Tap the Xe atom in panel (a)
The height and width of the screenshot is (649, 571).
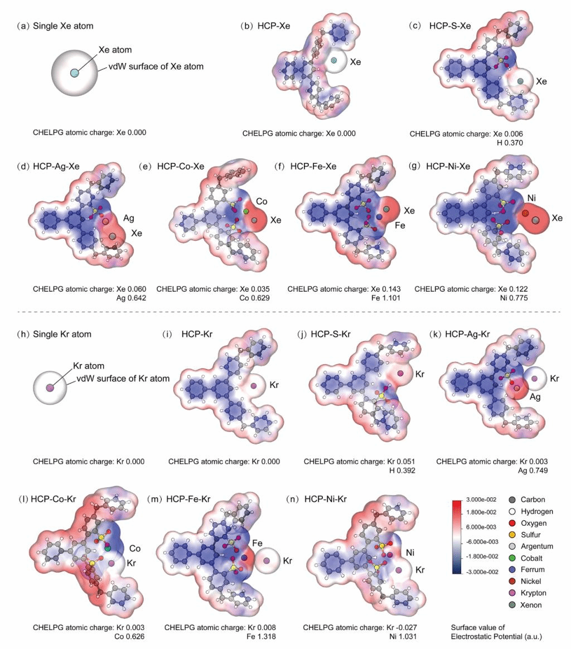(75, 73)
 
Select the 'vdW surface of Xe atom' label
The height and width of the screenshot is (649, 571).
(152, 66)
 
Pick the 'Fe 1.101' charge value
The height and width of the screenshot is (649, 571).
(386, 298)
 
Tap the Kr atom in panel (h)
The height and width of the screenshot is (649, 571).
(50, 387)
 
